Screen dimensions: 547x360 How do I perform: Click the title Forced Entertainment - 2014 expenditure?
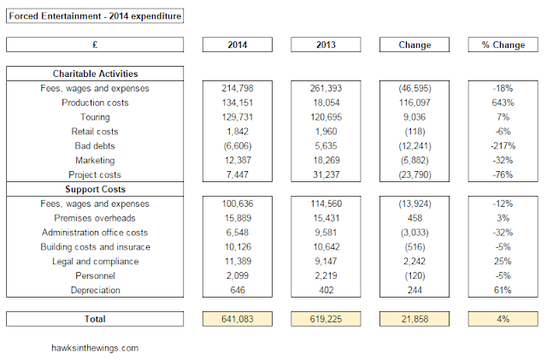point(95,16)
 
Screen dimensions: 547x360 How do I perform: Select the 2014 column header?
point(238,44)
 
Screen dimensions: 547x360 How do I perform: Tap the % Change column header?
point(503,44)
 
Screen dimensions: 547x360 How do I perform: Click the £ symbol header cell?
point(95,44)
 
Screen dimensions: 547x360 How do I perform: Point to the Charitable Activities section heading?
point(95,74)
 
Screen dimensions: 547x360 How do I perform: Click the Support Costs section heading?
point(95,189)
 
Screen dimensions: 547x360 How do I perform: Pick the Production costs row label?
point(95,103)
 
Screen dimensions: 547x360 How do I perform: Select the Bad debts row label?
point(95,146)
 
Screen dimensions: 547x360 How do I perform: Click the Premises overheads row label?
point(95,218)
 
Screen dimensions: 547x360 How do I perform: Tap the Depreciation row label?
point(95,290)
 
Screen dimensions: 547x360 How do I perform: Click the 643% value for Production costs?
point(503,103)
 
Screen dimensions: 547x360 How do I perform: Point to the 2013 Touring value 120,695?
point(326,117)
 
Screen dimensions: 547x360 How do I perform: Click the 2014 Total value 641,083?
point(238,319)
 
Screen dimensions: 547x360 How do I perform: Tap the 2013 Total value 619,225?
point(326,319)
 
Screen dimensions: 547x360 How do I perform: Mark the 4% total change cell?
point(503,319)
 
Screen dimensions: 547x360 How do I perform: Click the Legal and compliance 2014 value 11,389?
point(238,261)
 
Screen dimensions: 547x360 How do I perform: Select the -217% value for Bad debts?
point(503,146)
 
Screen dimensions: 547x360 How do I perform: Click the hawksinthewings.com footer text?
point(95,348)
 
